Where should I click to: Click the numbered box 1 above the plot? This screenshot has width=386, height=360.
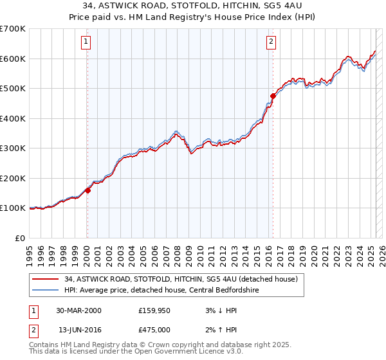coord(86,42)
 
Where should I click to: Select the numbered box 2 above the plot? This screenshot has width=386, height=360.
coord(271,42)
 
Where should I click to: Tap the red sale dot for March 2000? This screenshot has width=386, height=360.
coord(87,190)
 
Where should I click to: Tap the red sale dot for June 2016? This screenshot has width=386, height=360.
coord(273,96)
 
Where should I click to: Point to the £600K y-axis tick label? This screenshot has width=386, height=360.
coord(12,59)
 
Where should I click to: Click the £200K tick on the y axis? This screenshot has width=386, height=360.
coord(12,178)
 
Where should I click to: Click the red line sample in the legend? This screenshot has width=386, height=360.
coord(46,279)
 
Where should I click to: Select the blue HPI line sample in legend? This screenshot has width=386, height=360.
coord(46,290)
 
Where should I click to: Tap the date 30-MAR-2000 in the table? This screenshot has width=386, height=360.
coord(78,310)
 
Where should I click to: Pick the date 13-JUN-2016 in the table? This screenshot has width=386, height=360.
coord(78,330)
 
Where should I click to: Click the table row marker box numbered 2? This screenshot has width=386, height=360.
coord(33,330)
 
